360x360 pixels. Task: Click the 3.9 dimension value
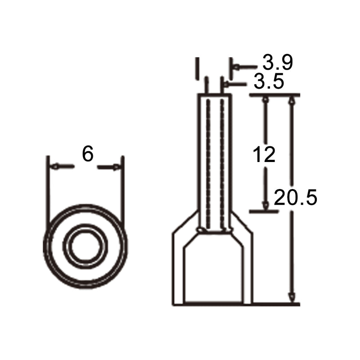tap(278, 63)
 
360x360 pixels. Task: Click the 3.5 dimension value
tap(269, 81)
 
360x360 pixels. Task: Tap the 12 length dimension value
tap(264, 154)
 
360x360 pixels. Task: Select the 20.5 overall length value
tap(295, 197)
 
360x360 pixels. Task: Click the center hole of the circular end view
tap(85, 246)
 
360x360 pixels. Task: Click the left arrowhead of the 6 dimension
tap(55, 166)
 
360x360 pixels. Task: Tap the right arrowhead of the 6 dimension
tap(116, 167)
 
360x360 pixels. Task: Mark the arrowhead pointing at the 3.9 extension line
tap(236, 67)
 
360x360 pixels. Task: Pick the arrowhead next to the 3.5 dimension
tap(226, 85)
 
